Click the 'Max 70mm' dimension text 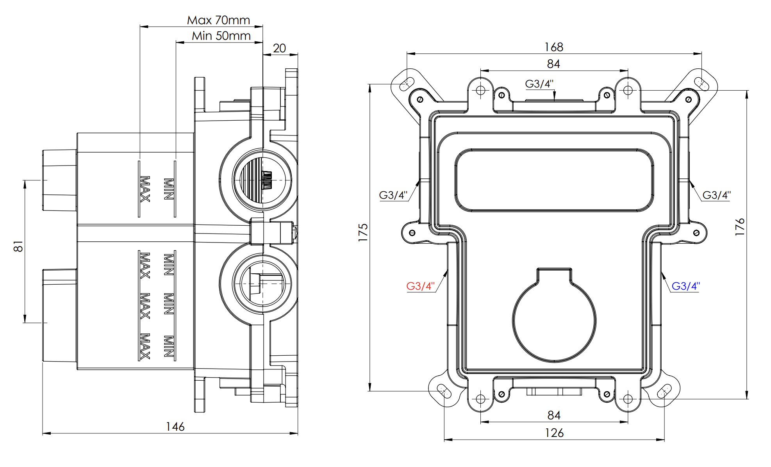[218, 20]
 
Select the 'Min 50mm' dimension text [221, 36]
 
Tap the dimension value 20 [279, 48]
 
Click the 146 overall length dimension [175, 426]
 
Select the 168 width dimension [554, 47]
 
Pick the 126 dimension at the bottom [554, 433]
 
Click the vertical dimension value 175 [363, 233]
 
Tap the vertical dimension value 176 [740, 227]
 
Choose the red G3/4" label [420, 286]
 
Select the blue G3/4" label [685, 286]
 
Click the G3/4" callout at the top [539, 84]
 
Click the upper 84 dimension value [553, 64]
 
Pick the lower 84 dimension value [554, 415]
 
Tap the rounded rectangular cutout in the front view [554, 180]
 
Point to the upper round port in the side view [262, 180]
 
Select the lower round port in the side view [262, 284]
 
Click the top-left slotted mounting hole [407, 84]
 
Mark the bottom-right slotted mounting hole [664, 391]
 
